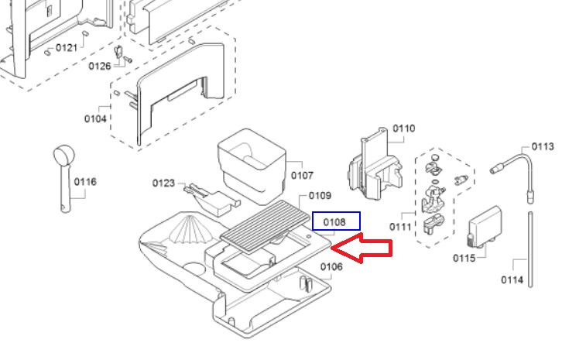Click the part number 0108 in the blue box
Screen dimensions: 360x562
[335, 222]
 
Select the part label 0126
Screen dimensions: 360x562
[100, 66]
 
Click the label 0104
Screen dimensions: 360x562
[96, 118]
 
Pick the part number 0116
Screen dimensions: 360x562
[85, 182]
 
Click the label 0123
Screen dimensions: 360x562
[164, 183]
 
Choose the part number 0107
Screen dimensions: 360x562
[302, 175]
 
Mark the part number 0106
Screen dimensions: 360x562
[331, 267]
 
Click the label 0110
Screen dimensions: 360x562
[403, 129]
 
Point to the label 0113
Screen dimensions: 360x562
[543, 146]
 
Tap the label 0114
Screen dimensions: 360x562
[512, 279]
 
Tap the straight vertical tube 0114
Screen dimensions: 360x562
[530, 249]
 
